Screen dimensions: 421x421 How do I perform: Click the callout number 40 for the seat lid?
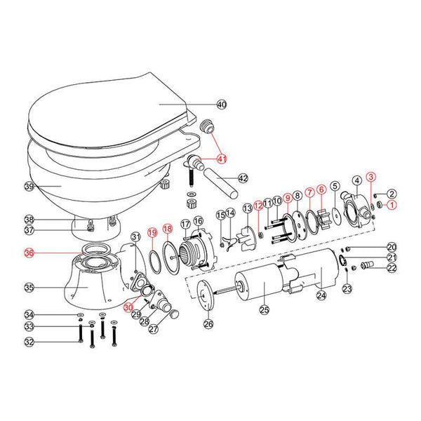point(222,105)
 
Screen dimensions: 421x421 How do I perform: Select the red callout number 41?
point(222,159)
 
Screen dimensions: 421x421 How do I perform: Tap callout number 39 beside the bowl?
point(29,187)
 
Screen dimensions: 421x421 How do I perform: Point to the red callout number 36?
point(29,254)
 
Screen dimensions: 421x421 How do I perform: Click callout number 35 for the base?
point(29,287)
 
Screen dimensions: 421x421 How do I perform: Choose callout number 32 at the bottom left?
point(29,342)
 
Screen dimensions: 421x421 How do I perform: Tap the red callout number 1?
point(392,206)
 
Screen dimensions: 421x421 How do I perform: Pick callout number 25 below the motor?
point(265,309)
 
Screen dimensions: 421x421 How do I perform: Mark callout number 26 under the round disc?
point(208,324)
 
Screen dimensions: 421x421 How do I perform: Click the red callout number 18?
point(167,228)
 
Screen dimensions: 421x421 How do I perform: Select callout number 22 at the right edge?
point(392,268)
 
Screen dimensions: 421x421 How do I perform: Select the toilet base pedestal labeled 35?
point(88,284)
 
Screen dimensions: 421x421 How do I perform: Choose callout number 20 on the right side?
point(392,247)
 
